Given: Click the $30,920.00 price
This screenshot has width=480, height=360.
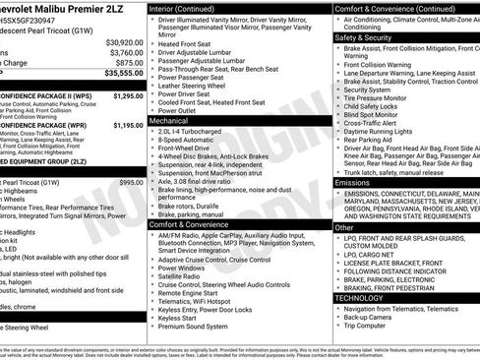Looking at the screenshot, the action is (x=124, y=43).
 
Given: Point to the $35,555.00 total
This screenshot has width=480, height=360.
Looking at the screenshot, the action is (x=124, y=73).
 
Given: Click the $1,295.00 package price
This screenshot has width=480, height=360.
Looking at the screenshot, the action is (x=128, y=96).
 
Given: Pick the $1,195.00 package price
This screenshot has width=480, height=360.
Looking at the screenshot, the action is (x=128, y=126).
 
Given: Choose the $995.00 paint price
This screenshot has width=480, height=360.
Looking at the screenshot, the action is (x=131, y=183).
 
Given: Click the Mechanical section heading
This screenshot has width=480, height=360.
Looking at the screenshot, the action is (x=169, y=120).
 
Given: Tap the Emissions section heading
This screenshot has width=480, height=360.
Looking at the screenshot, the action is (x=352, y=183).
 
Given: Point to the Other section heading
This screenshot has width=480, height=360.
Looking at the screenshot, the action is (x=344, y=227).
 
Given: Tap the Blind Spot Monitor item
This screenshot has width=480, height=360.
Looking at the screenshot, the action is (x=374, y=114).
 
